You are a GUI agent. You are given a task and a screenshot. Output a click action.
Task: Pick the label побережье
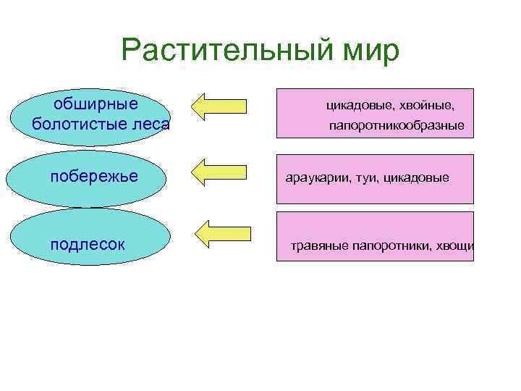[93, 177]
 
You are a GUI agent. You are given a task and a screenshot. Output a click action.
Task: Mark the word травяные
[319, 245]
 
